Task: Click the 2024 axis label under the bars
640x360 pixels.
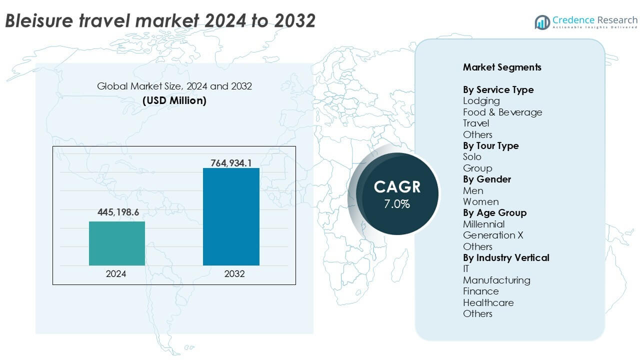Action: (116, 274)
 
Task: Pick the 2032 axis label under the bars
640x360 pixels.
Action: (234, 274)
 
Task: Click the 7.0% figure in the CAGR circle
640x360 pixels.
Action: (397, 204)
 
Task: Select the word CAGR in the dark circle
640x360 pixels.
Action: (397, 187)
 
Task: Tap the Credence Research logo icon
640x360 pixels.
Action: (542, 22)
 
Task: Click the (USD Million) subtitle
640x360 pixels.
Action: (174, 100)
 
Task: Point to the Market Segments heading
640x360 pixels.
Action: (502, 67)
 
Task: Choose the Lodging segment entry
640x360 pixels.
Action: (481, 101)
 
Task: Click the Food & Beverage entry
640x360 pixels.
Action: (502, 112)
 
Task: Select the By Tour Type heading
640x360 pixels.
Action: (490, 145)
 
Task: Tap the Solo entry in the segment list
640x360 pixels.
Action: (472, 157)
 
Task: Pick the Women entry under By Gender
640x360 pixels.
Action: (480, 201)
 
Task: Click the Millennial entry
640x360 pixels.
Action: (483, 224)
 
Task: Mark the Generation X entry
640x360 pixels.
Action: (493, 235)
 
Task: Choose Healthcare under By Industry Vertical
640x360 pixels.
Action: (488, 302)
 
